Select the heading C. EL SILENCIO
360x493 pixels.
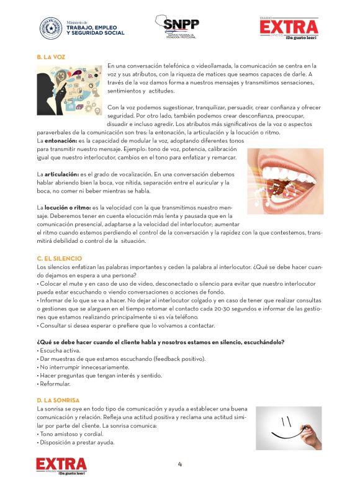click(x=59, y=258)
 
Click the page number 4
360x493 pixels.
click(x=180, y=464)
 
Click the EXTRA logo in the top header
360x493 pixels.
click(x=289, y=28)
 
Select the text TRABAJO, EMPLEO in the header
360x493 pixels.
click(x=95, y=27)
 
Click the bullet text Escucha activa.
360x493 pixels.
click(x=60, y=351)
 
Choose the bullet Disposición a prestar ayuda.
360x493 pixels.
click(x=77, y=443)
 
